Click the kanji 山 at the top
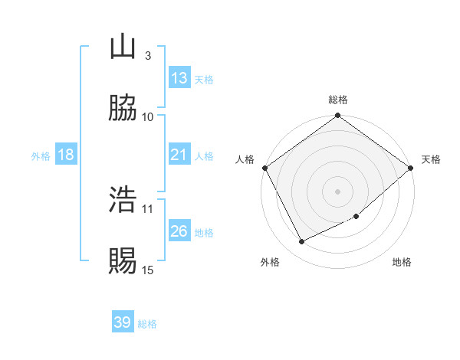click(x=123, y=47)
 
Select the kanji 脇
click(x=123, y=108)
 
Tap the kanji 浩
click(x=123, y=200)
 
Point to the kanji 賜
click(x=123, y=261)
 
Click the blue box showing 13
click(x=179, y=78)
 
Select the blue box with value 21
click(x=179, y=155)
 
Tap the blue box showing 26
click(x=179, y=231)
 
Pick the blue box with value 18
click(x=66, y=155)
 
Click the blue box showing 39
click(x=123, y=322)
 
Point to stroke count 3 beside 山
click(x=147, y=55)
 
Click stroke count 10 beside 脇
click(x=148, y=116)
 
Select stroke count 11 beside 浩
click(x=148, y=208)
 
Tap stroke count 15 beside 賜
click(x=148, y=270)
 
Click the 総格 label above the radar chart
click(x=337, y=100)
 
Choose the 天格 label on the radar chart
click(x=431, y=159)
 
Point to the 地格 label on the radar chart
click(x=402, y=262)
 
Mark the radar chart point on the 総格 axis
click(x=337, y=116)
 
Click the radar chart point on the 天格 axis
click(x=411, y=168)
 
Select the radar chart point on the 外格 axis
click(x=302, y=242)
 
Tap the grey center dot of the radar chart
click(x=337, y=191)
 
